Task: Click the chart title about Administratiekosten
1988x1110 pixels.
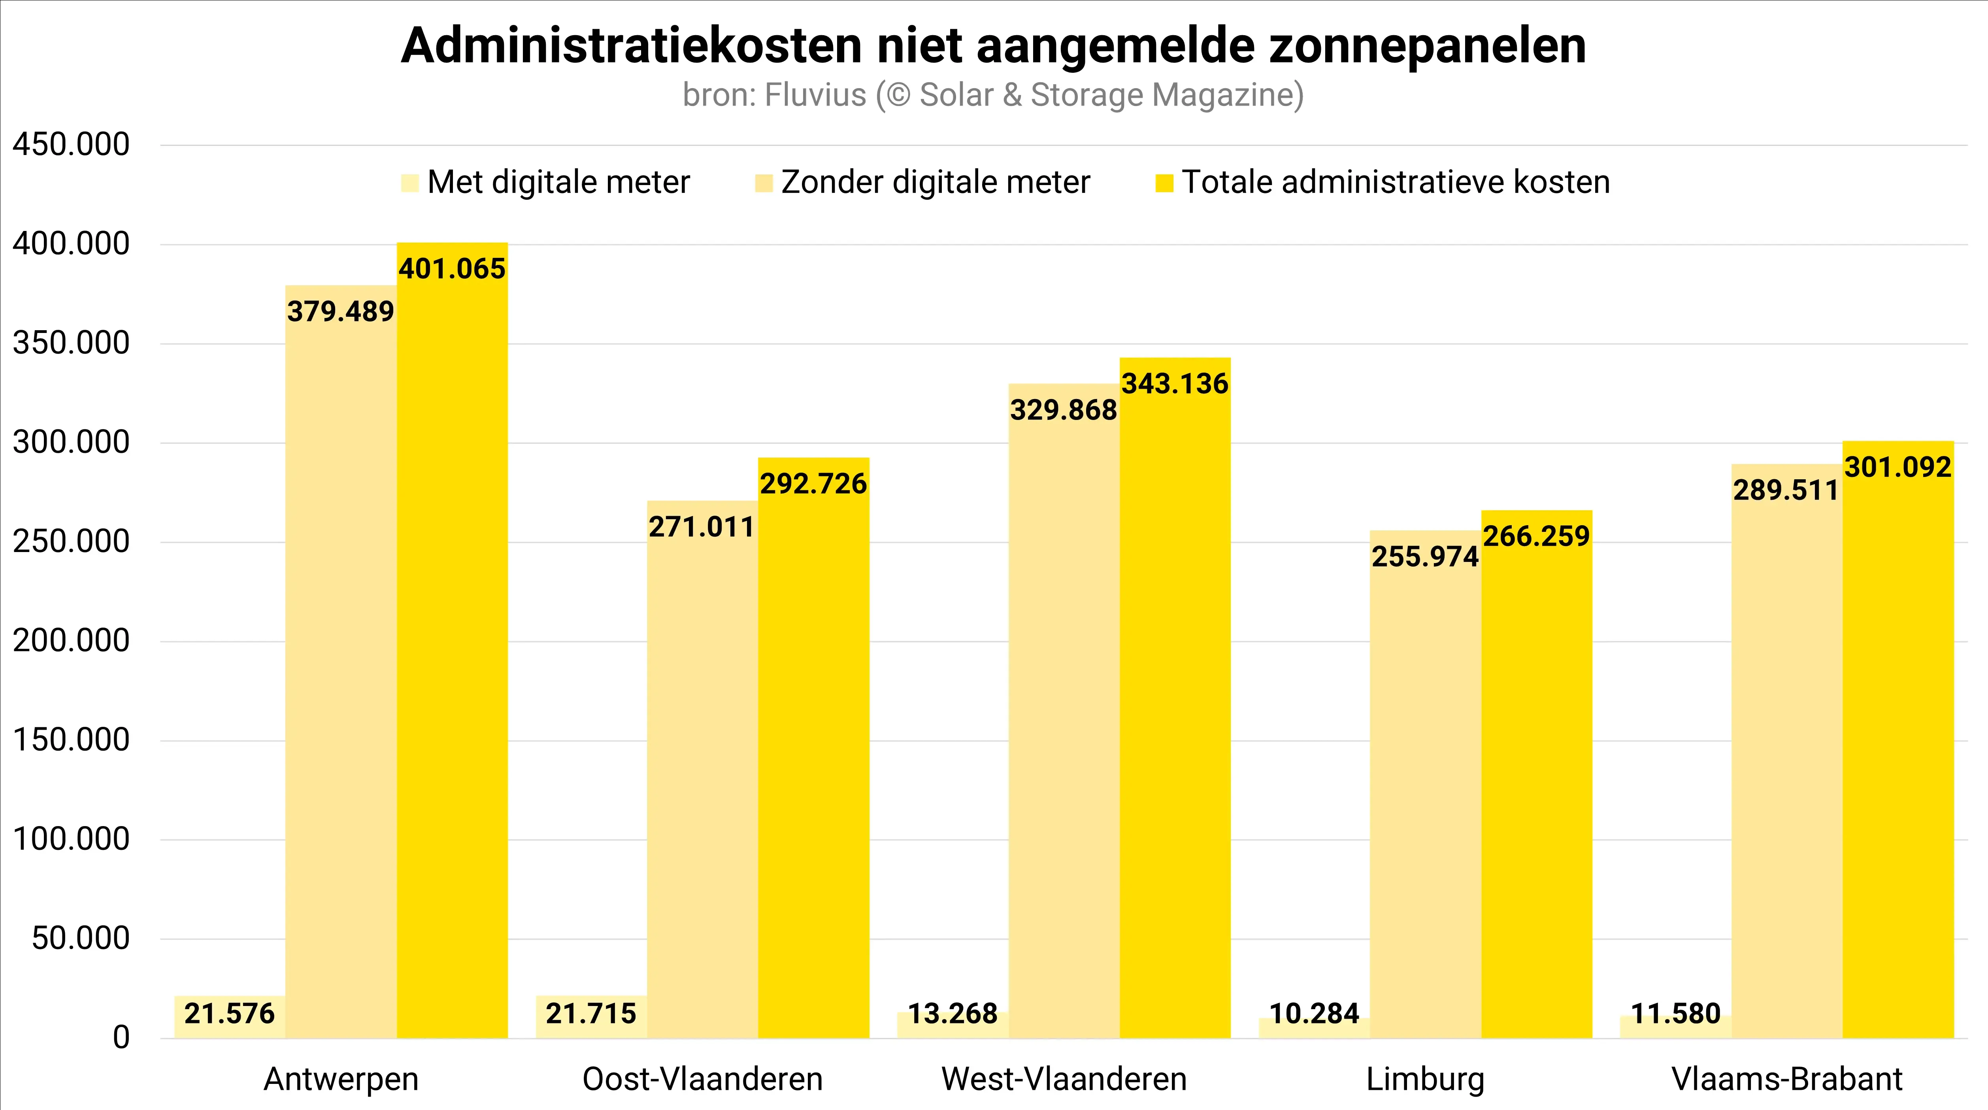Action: coord(993,46)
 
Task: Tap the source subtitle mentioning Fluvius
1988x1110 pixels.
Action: coord(993,95)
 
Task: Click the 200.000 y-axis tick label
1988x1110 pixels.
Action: coord(71,641)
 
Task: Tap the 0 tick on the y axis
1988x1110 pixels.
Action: coord(121,1038)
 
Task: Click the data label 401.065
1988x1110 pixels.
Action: coord(452,269)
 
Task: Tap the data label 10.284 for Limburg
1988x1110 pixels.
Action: coord(1314,1014)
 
